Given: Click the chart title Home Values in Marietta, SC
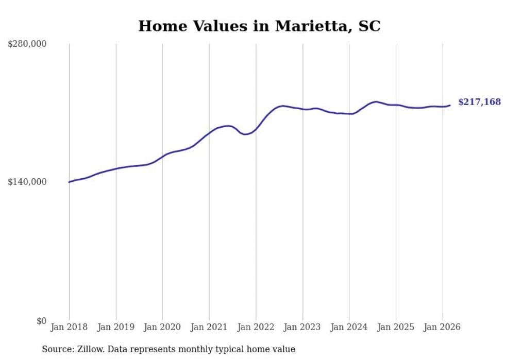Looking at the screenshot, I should (x=259, y=26).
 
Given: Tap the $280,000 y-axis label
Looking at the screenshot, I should (x=27, y=44).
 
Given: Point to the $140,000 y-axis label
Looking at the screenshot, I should (x=27, y=182).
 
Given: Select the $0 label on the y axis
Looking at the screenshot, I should (x=41, y=321).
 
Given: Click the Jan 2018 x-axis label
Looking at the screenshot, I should (x=69, y=327).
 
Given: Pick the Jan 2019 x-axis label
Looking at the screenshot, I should (x=116, y=327).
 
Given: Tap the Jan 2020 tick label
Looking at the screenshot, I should (x=162, y=327).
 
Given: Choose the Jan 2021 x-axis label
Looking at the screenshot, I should (x=209, y=327).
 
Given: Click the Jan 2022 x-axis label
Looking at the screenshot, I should (x=256, y=327).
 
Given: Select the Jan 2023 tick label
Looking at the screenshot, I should (x=302, y=327).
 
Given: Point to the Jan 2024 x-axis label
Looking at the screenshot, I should (x=349, y=327).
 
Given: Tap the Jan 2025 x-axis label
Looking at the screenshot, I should (x=396, y=327).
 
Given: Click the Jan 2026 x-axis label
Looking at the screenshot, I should (x=442, y=327).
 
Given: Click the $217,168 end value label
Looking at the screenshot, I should (x=479, y=102).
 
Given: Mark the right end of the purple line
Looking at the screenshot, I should (x=450, y=106).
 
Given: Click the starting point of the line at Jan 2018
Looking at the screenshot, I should (x=69, y=182).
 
